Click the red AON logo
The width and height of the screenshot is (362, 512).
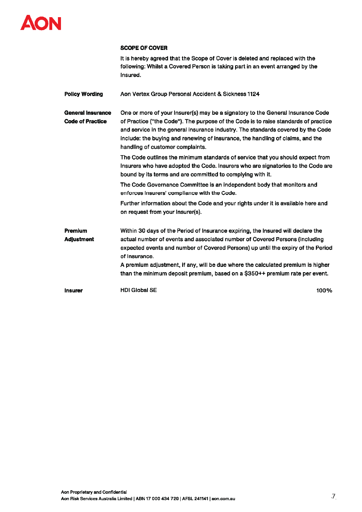41,23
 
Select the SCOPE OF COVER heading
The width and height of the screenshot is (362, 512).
144,48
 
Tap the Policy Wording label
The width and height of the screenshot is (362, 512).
83,94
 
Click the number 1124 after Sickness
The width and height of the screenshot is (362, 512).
253,94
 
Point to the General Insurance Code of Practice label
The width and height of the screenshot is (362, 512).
87,117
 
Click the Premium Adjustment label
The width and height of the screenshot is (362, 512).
79,235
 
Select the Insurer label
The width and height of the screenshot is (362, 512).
73,291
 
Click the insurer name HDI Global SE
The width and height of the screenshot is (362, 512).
138,290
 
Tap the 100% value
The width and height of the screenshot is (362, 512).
324,291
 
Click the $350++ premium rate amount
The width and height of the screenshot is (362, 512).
255,274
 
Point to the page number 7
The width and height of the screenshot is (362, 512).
333,496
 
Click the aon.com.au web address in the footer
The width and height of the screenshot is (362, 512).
223,499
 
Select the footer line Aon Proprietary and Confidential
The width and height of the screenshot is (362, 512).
94,492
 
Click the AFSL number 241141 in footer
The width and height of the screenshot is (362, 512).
201,499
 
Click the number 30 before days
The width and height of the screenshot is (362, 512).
142,231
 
